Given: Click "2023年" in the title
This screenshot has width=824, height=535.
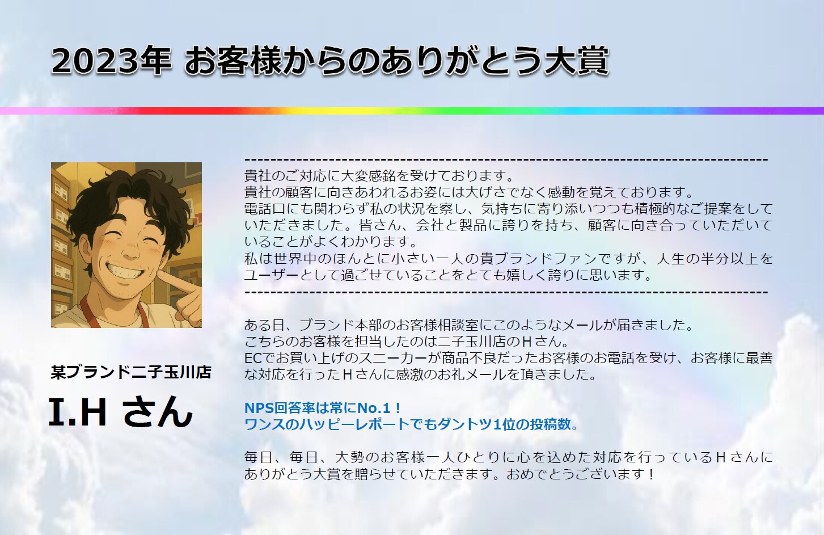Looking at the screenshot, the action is point(111,61).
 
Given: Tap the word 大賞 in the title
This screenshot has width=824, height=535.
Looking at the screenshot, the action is point(577,61).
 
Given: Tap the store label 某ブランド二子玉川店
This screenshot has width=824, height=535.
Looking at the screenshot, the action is point(131,372).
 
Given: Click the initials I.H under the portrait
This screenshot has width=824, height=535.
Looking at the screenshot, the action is point(78,412).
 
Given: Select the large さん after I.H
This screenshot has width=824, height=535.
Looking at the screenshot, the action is point(158,412).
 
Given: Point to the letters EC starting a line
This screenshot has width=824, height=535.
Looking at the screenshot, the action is point(252,358).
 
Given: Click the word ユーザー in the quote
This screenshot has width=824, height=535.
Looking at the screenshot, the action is point(272,275).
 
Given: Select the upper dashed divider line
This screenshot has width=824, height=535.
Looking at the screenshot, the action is point(506,160).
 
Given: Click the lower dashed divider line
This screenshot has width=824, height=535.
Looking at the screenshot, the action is point(506,293).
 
